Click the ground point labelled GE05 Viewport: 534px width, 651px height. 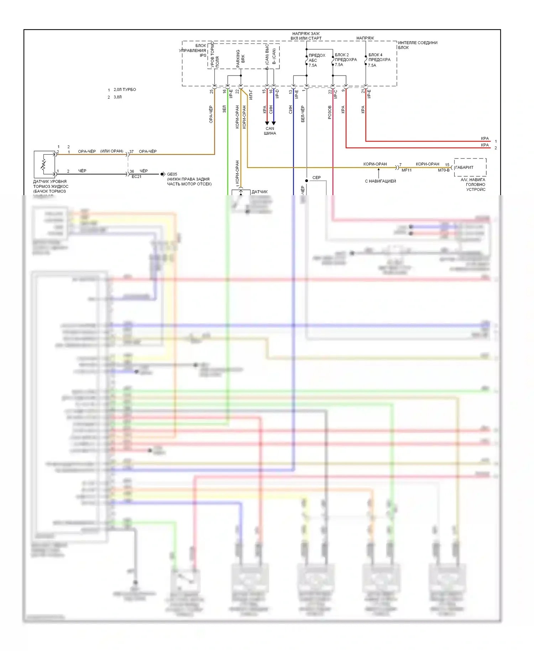[172, 174]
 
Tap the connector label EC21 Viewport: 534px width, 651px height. [136, 177]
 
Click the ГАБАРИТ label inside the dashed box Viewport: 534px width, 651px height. [464, 167]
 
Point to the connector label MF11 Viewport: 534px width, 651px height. [406, 170]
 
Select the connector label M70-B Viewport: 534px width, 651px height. [443, 170]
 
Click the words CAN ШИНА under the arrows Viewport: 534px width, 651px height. [270, 131]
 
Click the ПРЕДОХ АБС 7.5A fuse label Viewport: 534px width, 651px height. [316, 60]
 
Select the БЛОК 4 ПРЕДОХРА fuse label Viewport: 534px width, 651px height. [379, 60]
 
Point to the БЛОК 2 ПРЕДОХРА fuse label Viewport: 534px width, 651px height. [346, 59]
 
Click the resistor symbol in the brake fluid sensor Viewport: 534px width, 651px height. [43, 164]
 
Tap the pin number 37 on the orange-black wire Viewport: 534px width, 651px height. [131, 152]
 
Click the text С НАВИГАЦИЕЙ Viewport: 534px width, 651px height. [380, 181]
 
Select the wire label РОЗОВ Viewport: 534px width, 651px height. [330, 112]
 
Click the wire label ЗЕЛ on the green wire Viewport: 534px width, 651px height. [224, 109]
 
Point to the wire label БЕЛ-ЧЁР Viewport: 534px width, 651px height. [303, 114]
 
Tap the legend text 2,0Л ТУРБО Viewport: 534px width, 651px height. [125, 90]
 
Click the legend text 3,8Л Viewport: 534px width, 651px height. [117, 97]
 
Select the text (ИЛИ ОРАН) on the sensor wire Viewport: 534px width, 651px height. [111, 151]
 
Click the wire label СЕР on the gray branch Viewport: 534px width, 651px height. [316, 177]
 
